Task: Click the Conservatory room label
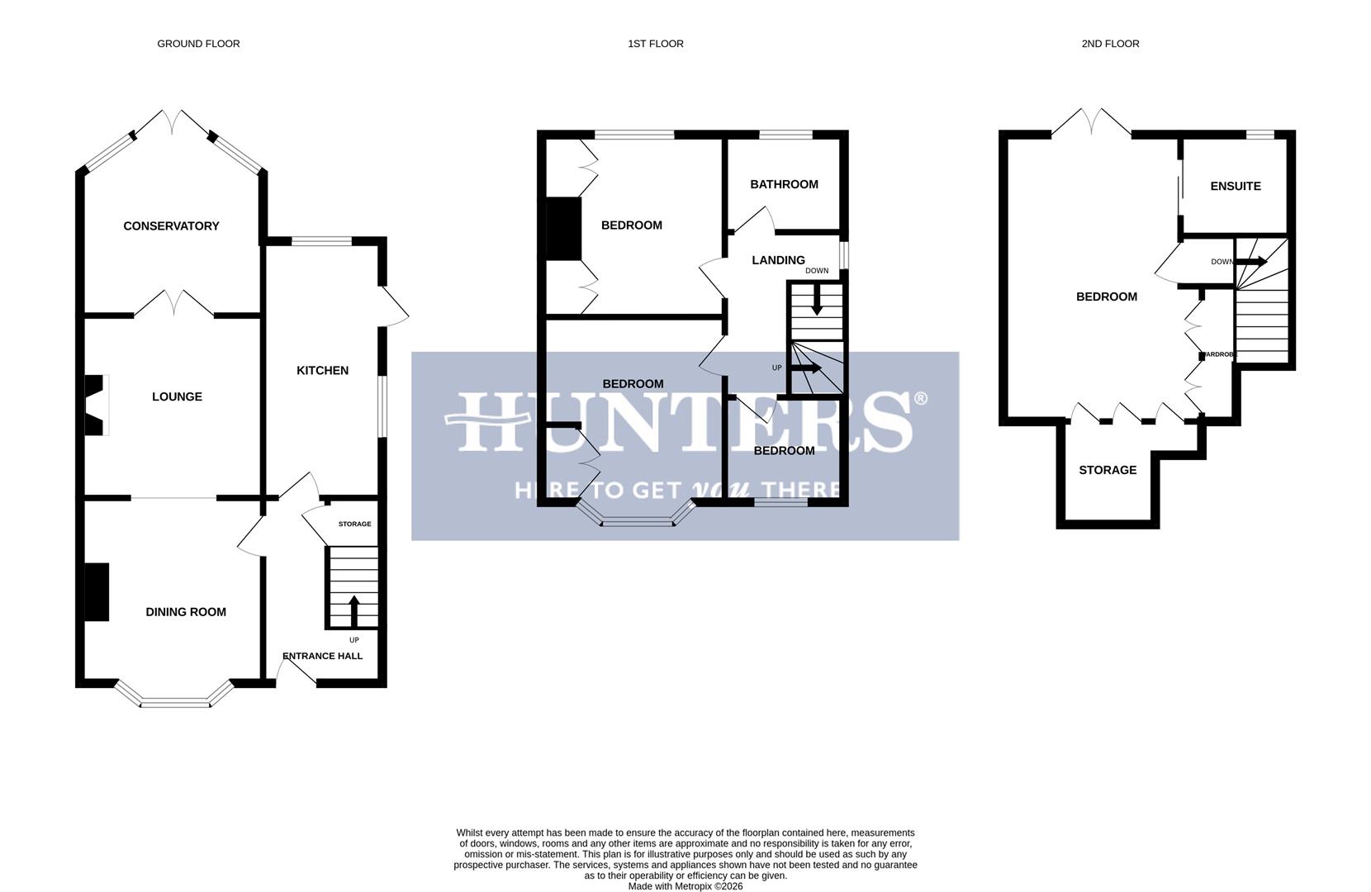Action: click(x=171, y=226)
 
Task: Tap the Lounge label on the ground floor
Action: click(x=177, y=397)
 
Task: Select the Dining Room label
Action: click(x=186, y=612)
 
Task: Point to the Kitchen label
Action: click(x=322, y=371)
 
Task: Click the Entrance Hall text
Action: click(x=322, y=657)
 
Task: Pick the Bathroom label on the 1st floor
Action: click(x=784, y=184)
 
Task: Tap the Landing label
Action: click(x=778, y=260)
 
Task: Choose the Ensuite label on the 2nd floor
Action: click(x=1235, y=187)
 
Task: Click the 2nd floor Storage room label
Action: click(x=1108, y=470)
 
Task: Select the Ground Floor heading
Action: click(x=198, y=44)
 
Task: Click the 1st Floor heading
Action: click(x=655, y=44)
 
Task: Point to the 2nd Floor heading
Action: click(x=1110, y=44)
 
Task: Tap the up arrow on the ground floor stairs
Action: click(x=354, y=610)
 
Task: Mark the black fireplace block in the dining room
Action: click(x=97, y=591)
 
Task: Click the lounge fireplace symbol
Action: click(x=97, y=405)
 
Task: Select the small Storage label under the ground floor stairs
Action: click(x=354, y=524)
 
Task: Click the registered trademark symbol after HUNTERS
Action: click(x=920, y=400)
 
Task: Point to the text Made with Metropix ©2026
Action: click(x=685, y=886)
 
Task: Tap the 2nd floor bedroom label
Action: click(x=1106, y=297)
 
